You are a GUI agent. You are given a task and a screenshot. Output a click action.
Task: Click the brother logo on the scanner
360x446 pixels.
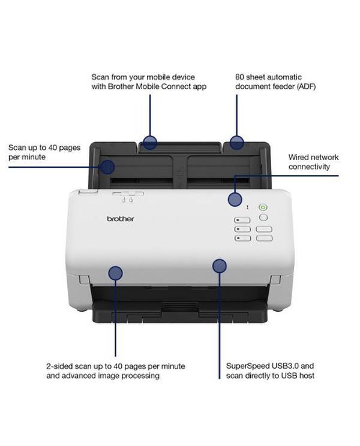pyautogui.click(x=121, y=219)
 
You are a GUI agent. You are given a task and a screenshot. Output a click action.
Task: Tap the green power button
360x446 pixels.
pyautogui.click(x=263, y=207)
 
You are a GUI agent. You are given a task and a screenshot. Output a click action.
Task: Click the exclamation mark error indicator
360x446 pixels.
pyautogui.click(x=247, y=207)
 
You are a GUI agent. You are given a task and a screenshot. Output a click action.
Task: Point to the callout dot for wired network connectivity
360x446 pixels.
pyautogui.click(x=235, y=199)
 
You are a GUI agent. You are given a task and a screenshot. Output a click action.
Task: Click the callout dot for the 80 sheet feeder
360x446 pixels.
pyautogui.click(x=237, y=142)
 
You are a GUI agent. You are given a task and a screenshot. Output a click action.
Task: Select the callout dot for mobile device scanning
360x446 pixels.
pyautogui.click(x=150, y=142)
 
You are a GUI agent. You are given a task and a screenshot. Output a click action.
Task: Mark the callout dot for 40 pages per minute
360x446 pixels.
pyautogui.click(x=107, y=167)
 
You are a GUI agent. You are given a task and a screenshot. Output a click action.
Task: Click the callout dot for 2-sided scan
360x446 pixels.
pyautogui.click(x=116, y=273)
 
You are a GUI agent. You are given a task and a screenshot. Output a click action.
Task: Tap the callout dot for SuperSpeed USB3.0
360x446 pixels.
pyautogui.click(x=220, y=266)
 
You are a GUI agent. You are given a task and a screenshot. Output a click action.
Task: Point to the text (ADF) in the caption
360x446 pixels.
pyautogui.click(x=306, y=86)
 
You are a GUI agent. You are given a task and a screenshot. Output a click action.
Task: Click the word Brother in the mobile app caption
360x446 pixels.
pyautogui.click(x=121, y=86)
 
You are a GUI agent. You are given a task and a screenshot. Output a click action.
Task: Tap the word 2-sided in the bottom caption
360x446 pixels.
pyautogui.click(x=59, y=366)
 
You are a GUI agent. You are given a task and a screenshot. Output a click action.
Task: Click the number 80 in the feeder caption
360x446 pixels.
pyautogui.click(x=239, y=77)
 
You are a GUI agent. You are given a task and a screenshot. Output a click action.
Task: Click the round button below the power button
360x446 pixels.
pyautogui.click(x=263, y=218)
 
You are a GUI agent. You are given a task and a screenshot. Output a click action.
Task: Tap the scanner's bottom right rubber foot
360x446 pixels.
pyautogui.click(x=279, y=309)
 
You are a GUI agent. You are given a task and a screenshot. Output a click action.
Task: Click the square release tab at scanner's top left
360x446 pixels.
pyautogui.click(x=88, y=192)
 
